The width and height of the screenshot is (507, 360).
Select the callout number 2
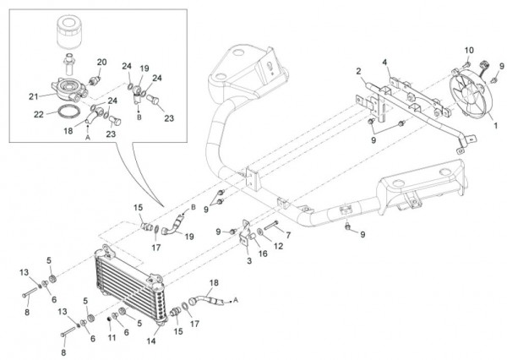point(357,71)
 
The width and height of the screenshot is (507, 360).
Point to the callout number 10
point(466,51)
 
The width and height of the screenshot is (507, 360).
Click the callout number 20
point(102,62)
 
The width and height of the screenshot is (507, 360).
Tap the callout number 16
point(264,253)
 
